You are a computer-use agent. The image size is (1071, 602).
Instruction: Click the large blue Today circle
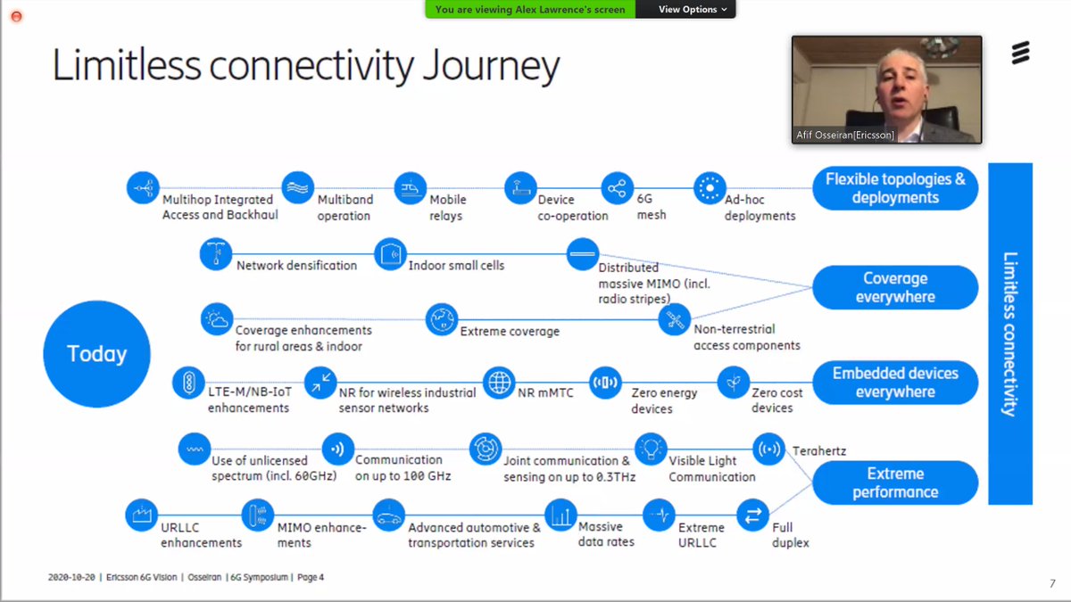click(x=96, y=354)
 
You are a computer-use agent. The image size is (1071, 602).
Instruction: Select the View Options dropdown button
click(x=692, y=9)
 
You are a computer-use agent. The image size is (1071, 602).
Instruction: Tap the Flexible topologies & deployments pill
click(x=894, y=188)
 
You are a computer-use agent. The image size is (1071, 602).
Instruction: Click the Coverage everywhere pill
click(x=894, y=287)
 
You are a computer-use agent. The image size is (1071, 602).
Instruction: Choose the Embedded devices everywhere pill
click(x=894, y=383)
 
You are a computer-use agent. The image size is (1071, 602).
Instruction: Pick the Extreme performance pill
click(x=894, y=482)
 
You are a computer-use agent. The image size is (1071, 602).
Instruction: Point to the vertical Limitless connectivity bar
click(x=1009, y=334)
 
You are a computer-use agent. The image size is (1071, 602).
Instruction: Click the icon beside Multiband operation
click(x=298, y=188)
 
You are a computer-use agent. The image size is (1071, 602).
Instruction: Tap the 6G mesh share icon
click(x=617, y=188)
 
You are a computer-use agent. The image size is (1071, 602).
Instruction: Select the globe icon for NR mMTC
click(x=499, y=382)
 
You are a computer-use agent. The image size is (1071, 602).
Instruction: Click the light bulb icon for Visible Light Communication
click(x=651, y=447)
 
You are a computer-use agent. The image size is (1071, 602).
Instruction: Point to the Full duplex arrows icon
click(x=752, y=515)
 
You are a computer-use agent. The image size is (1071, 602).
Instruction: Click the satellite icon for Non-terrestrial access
click(x=675, y=319)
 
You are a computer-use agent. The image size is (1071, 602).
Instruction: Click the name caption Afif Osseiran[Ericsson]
click(x=843, y=136)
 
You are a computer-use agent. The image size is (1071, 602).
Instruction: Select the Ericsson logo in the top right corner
click(x=1019, y=55)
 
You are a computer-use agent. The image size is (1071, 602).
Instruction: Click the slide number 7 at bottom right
click(x=1051, y=583)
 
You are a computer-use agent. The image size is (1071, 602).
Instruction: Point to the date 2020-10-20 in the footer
click(x=72, y=577)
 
